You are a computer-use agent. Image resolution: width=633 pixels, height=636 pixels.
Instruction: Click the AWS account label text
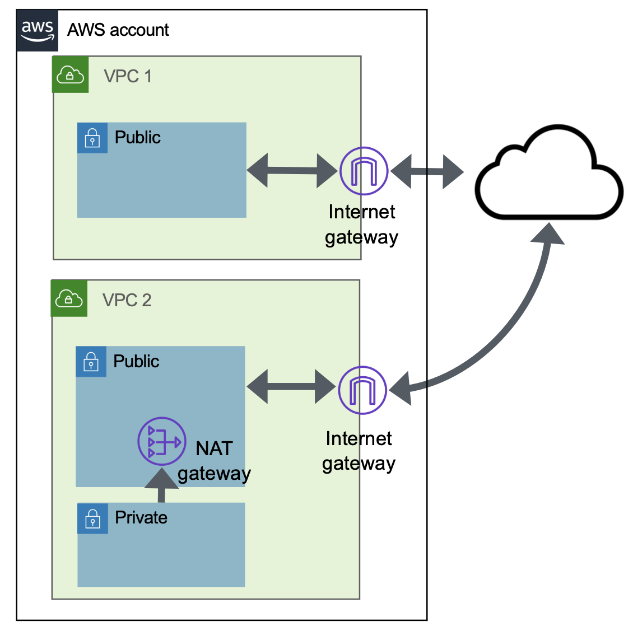point(118,30)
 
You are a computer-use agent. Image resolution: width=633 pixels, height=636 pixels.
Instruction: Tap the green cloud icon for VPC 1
point(70,74)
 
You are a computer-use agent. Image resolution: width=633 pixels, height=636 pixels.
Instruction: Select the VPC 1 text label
point(128,76)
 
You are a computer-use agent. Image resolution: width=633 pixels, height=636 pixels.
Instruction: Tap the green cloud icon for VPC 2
point(69,298)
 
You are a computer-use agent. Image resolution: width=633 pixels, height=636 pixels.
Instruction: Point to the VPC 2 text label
point(127,300)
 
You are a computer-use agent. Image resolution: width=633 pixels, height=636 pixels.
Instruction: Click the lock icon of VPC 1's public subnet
point(92,138)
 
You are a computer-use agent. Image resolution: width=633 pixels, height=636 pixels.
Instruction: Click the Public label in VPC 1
point(137,137)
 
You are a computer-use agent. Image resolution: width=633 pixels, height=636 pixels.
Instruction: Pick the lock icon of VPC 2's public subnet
point(91,362)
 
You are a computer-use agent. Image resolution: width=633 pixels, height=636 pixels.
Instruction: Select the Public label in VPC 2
point(136,361)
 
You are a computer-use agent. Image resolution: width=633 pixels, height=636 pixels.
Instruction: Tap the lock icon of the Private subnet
point(92,518)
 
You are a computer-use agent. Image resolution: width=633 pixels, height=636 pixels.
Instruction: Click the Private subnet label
point(141,517)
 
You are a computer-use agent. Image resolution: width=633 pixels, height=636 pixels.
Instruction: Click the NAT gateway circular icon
point(162,441)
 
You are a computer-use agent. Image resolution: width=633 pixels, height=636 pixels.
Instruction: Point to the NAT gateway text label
point(214,461)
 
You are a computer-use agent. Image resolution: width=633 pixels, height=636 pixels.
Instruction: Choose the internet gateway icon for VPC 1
point(364,171)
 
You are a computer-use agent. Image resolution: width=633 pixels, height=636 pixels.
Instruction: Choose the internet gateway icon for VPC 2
point(362,390)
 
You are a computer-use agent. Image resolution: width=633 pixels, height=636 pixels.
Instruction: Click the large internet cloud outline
point(549,174)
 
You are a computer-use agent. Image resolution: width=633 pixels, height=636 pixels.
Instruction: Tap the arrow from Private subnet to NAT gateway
point(162,486)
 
